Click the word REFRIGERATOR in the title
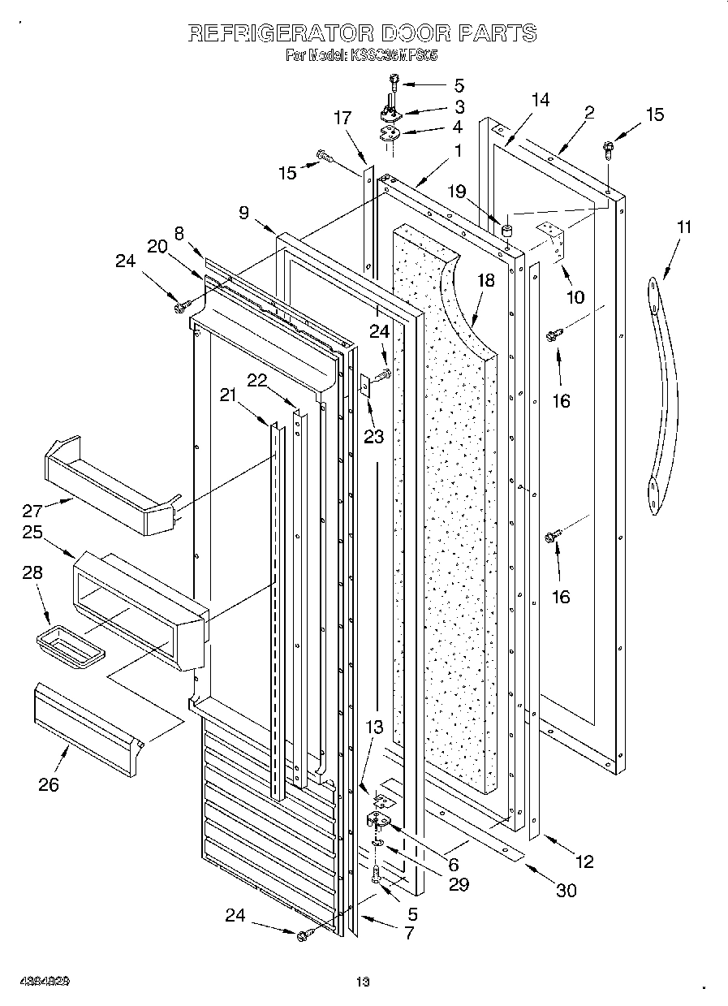[x=280, y=33]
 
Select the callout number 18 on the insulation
[x=485, y=281]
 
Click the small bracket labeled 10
[x=554, y=243]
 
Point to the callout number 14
[x=540, y=100]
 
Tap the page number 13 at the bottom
[x=363, y=982]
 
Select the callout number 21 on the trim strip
[x=228, y=395]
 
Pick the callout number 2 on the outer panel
[x=589, y=113]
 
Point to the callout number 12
[x=584, y=861]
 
